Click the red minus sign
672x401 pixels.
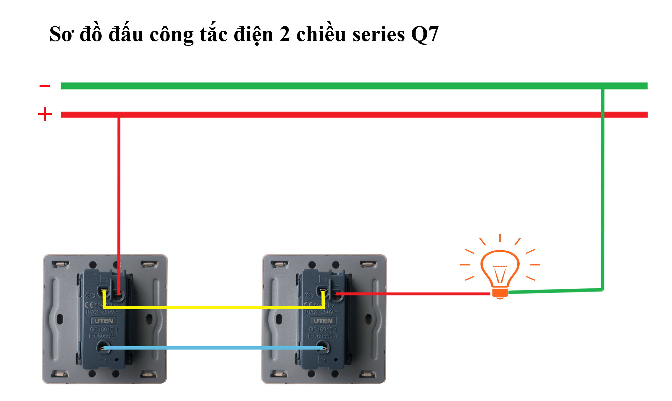click(45, 86)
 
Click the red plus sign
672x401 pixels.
click(45, 114)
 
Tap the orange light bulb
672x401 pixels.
click(500, 268)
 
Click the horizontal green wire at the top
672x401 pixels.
click(325, 86)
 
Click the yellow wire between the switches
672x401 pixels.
click(213, 308)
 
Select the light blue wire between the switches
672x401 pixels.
click(213, 348)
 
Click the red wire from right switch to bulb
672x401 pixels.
click(414, 294)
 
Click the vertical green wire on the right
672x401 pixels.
click(602, 189)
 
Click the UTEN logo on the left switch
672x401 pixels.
click(104, 321)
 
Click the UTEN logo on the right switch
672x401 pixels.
click(323, 321)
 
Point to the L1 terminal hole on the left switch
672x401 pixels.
click(104, 347)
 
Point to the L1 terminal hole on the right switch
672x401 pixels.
click(322, 347)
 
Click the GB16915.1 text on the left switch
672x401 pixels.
click(104, 329)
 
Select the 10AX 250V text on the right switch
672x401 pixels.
click(322, 312)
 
